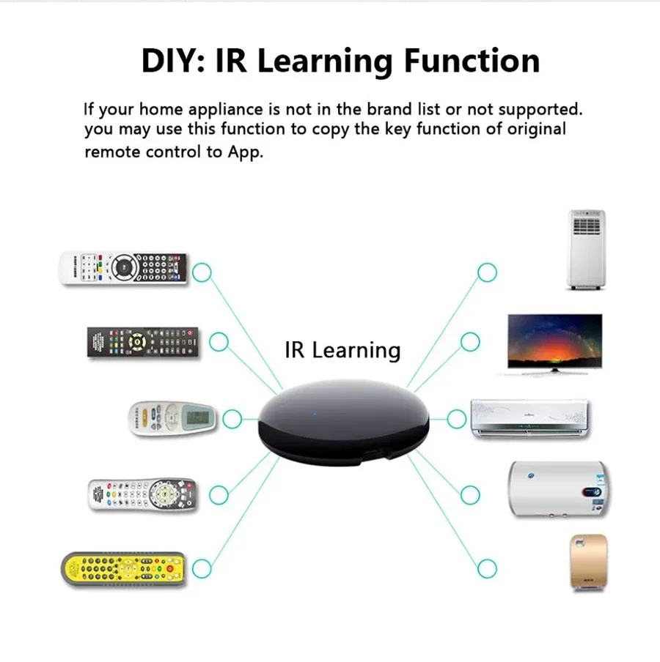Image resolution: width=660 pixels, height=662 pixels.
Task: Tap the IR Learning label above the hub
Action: click(x=342, y=350)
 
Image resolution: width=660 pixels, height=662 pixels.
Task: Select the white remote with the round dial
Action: click(x=123, y=269)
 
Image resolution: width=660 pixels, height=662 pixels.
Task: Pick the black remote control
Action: click(x=144, y=342)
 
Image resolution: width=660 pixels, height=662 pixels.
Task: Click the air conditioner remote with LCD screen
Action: click(x=174, y=419)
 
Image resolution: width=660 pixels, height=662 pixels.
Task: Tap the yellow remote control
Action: click(x=123, y=568)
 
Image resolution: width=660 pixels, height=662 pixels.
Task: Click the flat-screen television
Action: click(x=555, y=343)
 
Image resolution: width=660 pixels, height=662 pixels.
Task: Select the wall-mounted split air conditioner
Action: click(x=529, y=419)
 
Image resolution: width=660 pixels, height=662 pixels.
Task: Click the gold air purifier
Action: click(x=588, y=562)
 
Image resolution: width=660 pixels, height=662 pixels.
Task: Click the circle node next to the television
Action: click(x=470, y=341)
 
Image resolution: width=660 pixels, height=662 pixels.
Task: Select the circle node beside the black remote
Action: click(x=219, y=341)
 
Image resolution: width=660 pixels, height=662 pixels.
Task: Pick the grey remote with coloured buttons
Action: click(x=142, y=495)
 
